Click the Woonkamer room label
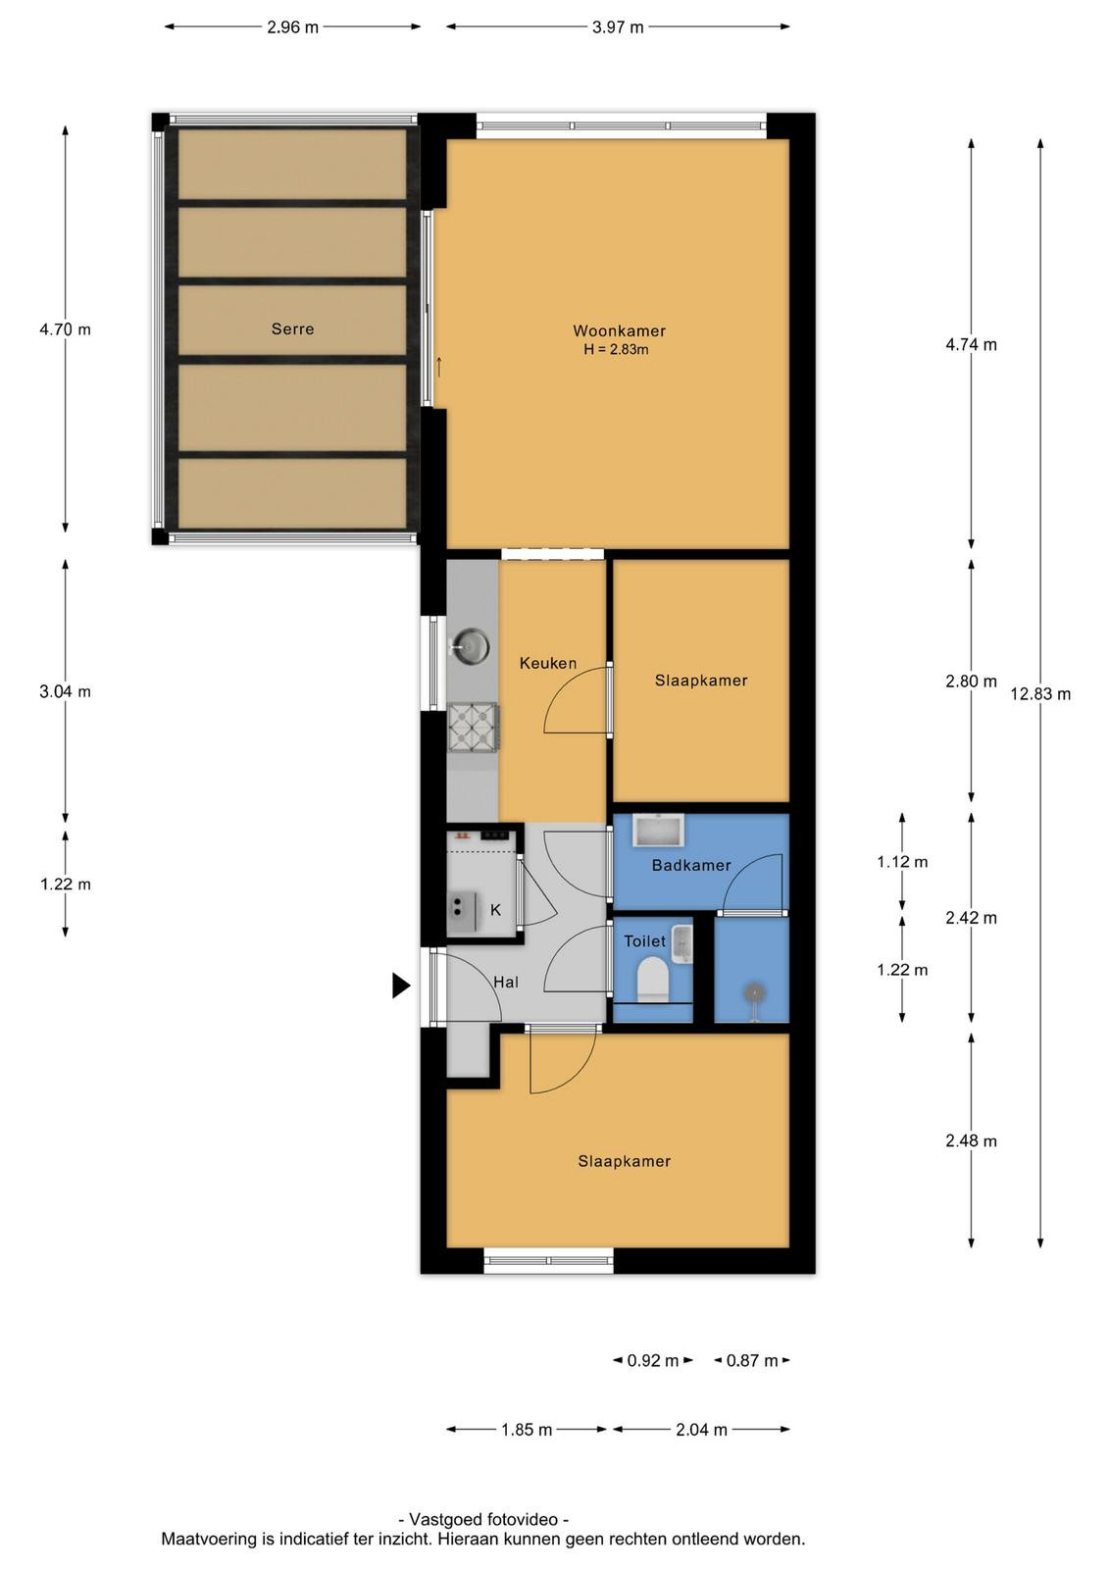point(619,330)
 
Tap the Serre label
point(293,329)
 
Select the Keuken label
point(548,663)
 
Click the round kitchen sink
point(470,645)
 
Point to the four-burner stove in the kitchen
point(473,727)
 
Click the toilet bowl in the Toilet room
point(653,977)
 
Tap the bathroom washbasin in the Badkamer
point(658,831)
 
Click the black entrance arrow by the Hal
point(401,986)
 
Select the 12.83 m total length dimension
point(1040,694)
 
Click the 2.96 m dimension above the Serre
point(293,27)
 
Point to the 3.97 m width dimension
point(618,27)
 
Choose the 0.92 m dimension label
point(653,1361)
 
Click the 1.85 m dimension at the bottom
point(527,1430)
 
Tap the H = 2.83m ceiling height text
point(616,349)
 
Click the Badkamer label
point(691,865)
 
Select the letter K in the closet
point(496,910)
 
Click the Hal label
point(506,982)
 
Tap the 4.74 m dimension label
point(972,344)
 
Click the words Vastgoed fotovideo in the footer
point(483,1519)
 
